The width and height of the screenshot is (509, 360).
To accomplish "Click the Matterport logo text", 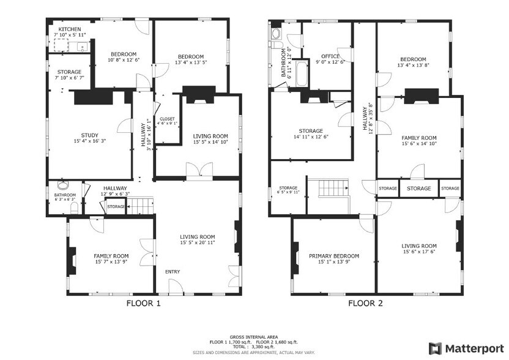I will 474,348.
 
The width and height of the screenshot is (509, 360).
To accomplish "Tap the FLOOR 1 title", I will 144,302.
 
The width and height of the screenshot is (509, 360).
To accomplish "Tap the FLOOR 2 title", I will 366,302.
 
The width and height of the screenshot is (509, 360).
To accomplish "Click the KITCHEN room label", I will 69,28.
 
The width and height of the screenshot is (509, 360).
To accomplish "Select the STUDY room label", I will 89,135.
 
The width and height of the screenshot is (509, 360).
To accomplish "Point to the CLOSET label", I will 167,119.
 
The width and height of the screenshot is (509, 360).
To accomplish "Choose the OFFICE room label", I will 330,56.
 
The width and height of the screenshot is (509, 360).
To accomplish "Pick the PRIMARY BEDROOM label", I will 333,256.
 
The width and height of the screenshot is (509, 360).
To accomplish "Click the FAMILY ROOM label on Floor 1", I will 111,256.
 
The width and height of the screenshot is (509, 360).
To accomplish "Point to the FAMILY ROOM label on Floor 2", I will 419,138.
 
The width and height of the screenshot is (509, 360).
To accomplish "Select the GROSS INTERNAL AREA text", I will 254,337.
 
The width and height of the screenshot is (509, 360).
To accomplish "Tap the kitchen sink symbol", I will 81,47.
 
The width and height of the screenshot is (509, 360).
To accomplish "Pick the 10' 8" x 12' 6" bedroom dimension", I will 124,60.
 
